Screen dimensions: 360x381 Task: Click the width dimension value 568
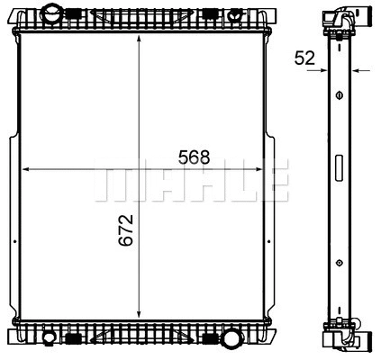194,157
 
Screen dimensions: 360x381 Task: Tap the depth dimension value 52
304,58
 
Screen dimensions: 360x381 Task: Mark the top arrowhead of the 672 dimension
138,42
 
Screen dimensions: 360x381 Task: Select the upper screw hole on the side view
339,94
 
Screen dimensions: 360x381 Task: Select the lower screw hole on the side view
339,263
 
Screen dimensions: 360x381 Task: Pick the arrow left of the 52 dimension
323,69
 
